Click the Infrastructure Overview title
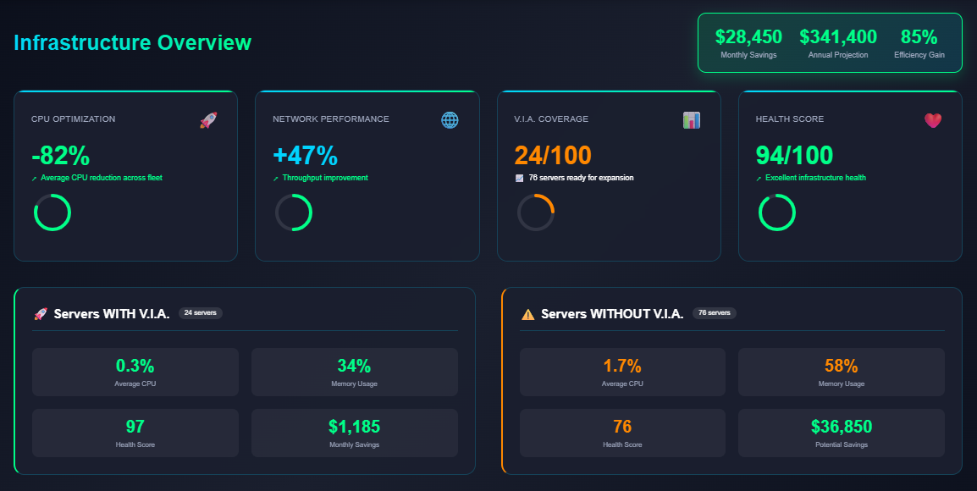click(x=133, y=42)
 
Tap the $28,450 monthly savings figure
click(x=748, y=37)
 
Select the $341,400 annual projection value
click(x=838, y=37)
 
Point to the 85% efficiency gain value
click(x=919, y=37)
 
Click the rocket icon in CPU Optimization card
click(x=208, y=120)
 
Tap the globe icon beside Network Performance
click(x=450, y=120)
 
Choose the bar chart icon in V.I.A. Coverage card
click(x=692, y=120)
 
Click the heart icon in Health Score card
click(x=933, y=120)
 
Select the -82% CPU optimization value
click(x=60, y=156)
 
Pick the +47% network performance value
click(x=305, y=156)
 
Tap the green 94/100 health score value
click(x=794, y=156)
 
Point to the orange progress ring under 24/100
click(x=536, y=212)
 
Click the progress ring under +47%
click(x=294, y=212)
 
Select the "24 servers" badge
click(x=200, y=313)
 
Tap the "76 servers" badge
click(x=715, y=313)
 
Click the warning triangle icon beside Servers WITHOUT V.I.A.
click(x=528, y=314)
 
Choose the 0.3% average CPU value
click(x=135, y=366)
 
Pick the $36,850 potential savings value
click(x=841, y=427)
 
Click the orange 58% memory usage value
click(x=841, y=366)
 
